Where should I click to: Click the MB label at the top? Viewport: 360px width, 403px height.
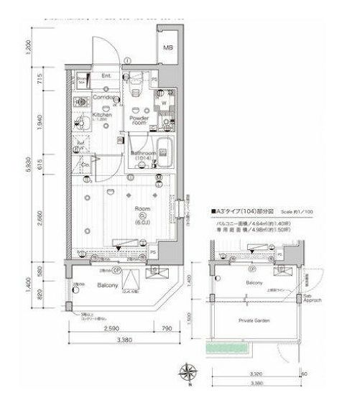click(x=167, y=47)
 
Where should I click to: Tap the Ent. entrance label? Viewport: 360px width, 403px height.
click(x=106, y=75)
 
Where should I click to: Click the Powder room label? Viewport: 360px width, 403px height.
click(x=138, y=120)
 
